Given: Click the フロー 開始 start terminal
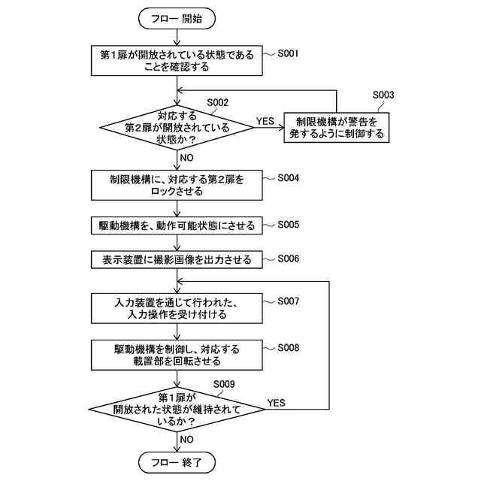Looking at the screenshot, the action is [177, 19].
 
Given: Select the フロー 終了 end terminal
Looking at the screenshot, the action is [177, 462].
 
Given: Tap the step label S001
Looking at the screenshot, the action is [288, 53].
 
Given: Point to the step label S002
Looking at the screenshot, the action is [218, 102].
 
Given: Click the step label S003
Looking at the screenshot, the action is [383, 95].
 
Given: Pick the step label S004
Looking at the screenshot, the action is [288, 178].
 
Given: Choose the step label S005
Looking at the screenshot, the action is [288, 225].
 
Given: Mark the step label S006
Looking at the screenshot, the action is [288, 259].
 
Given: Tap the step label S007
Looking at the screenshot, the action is [288, 301].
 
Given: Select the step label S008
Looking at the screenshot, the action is [288, 348].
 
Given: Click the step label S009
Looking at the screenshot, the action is [224, 384].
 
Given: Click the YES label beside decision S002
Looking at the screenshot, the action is [265, 121].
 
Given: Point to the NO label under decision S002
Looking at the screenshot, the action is [186, 158].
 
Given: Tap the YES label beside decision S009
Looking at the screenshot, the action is [276, 403].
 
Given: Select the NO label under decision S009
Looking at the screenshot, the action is [186, 439].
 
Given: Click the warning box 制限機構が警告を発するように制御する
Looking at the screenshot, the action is [337, 128].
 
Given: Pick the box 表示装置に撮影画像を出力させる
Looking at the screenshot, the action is [177, 260].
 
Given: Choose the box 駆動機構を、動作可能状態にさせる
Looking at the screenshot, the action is [177, 225].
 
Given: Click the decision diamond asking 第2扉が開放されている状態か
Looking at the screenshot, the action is [177, 128].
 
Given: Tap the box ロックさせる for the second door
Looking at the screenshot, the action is [177, 186].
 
